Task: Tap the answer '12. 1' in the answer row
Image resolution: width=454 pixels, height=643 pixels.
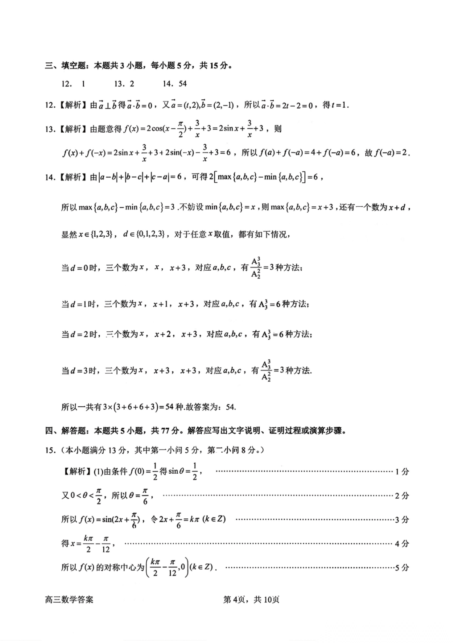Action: pos(74,84)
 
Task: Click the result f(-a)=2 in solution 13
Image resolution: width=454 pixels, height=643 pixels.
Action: pos(391,153)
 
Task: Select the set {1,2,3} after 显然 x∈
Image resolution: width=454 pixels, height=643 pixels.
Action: pos(101,235)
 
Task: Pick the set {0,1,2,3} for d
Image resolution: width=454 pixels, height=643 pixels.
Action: pos(151,235)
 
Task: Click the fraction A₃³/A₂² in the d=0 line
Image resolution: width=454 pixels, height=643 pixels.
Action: pos(256,267)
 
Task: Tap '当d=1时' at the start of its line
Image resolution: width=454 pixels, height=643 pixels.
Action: pos(79,304)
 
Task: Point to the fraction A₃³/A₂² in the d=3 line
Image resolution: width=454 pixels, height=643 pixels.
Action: pos(266,371)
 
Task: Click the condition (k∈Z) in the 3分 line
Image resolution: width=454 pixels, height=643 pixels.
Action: pos(214,519)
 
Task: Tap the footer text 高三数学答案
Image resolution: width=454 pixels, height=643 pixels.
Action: pos(69,599)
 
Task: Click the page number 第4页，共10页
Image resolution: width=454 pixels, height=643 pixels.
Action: pos(251,599)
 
